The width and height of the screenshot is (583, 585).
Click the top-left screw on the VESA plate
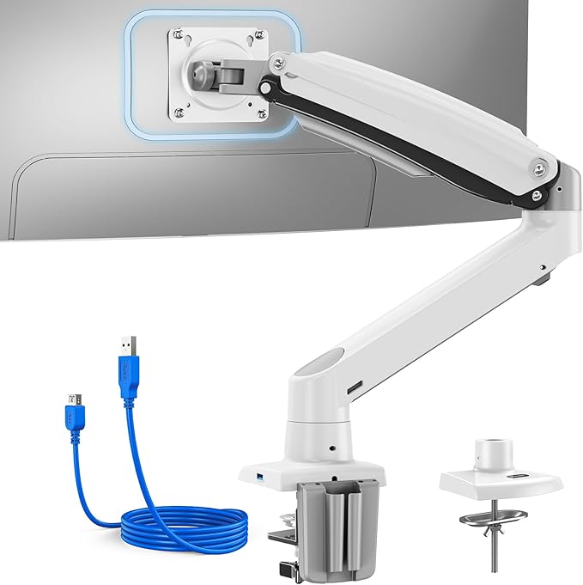178,34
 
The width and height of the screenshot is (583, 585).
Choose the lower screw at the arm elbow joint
537,197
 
